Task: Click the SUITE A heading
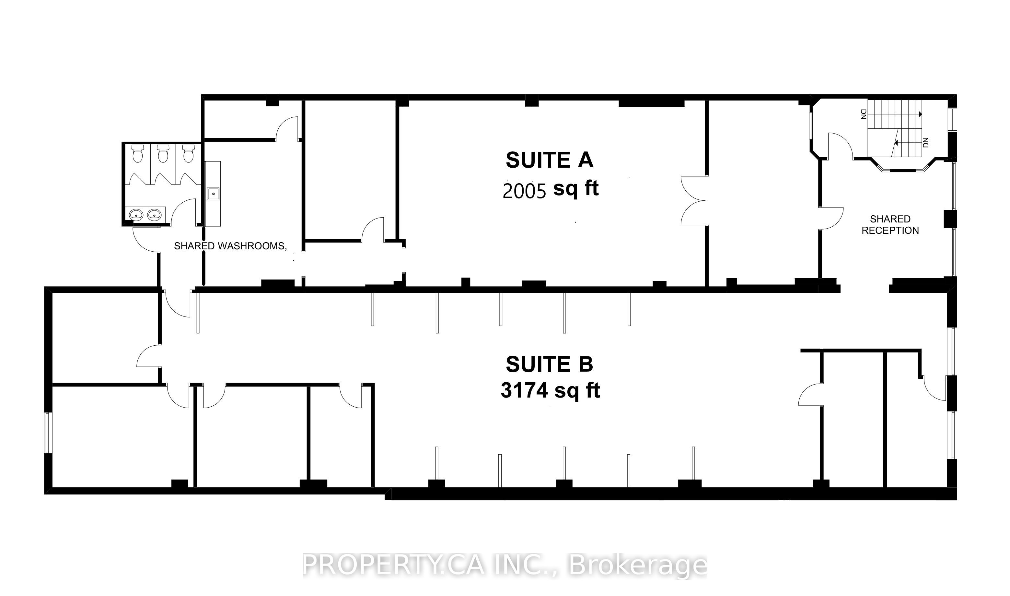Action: pos(549,160)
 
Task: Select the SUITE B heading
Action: pos(549,364)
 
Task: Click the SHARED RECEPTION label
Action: pos(890,224)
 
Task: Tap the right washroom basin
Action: pos(155,215)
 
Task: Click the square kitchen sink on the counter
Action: pos(213,194)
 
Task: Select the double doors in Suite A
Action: pos(693,200)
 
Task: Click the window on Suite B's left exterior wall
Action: pos(47,433)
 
